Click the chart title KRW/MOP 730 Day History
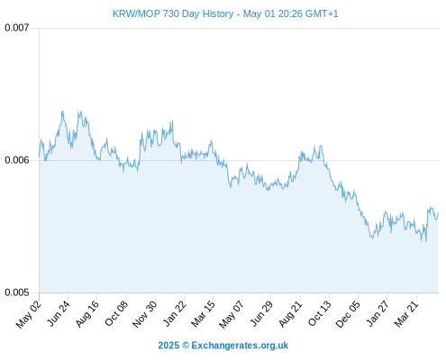(x=173, y=13)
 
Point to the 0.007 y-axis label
(x=17, y=28)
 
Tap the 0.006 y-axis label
(x=17, y=160)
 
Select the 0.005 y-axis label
(x=17, y=292)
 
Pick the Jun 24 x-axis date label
(x=59, y=313)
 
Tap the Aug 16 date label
(x=87, y=313)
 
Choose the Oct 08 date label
(x=116, y=313)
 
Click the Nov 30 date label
(x=145, y=314)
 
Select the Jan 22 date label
(x=175, y=313)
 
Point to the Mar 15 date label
(x=204, y=313)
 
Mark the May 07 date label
(x=232, y=314)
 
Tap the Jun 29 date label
(x=261, y=313)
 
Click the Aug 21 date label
(x=290, y=313)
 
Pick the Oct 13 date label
(x=320, y=313)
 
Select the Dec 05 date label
(x=348, y=314)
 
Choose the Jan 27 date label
(x=378, y=313)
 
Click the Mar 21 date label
(x=406, y=313)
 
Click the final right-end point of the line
(x=439, y=212)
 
